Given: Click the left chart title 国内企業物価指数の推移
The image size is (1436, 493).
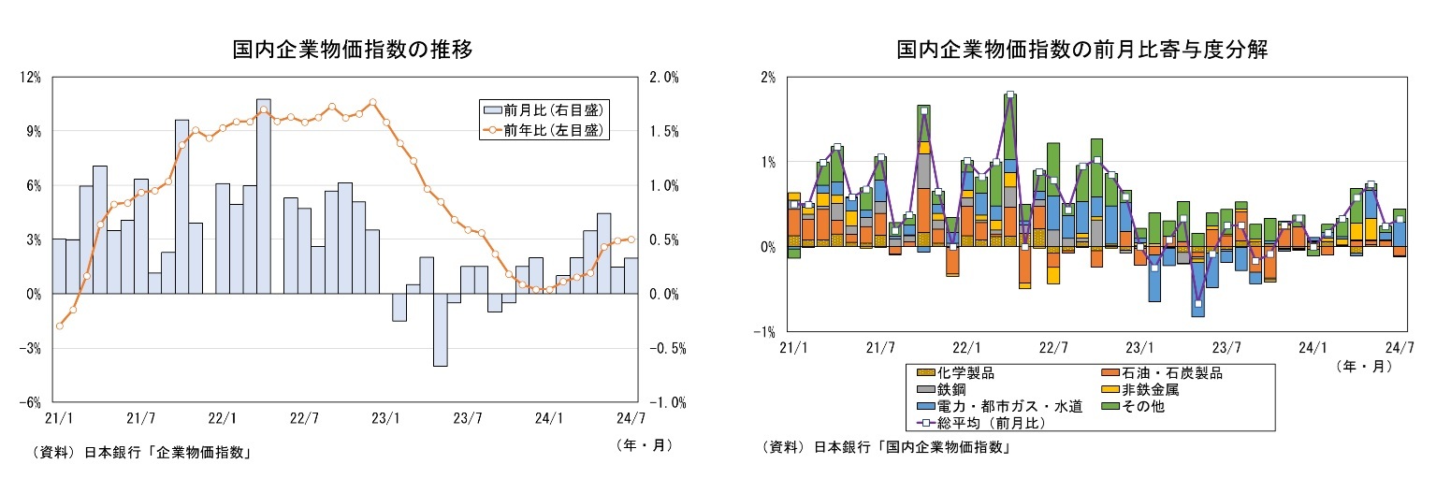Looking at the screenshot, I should coord(352,51).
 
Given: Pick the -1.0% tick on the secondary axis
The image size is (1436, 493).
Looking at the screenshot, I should coord(666,402).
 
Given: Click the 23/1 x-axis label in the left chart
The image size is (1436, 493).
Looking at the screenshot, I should coord(385,418).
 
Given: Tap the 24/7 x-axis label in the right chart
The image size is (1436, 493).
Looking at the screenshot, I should coord(1400,347).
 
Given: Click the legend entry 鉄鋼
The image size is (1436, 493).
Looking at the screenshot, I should coord(952,389).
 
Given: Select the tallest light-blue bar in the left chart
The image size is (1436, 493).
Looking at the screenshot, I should coord(264,196).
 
